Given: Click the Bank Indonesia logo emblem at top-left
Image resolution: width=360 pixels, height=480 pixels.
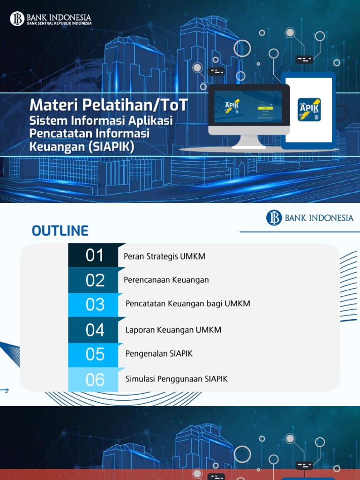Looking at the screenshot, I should click(x=17, y=19).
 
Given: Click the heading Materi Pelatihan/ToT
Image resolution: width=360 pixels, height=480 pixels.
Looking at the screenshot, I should click(x=108, y=105).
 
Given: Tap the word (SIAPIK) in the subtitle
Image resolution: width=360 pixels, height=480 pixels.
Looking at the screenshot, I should click(x=112, y=147).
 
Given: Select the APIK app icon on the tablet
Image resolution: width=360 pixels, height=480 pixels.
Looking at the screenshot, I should click(x=309, y=109).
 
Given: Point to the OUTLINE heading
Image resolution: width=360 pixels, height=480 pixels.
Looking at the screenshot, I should click(x=60, y=231).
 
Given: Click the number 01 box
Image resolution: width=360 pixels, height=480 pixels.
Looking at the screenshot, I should click(x=94, y=255).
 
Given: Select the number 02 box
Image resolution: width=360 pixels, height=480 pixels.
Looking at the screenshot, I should click(x=94, y=280).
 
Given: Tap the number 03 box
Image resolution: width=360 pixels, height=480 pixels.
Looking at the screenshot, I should click(x=94, y=305).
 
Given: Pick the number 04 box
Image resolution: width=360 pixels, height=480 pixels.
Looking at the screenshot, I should click(x=94, y=330).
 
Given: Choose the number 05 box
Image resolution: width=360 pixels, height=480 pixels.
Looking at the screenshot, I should click(x=94, y=354).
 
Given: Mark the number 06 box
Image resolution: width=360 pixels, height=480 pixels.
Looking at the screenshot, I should click(x=94, y=379).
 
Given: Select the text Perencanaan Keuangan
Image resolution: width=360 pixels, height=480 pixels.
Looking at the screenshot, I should click(x=166, y=280).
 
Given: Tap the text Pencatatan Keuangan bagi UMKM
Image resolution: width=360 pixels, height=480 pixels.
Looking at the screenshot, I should click(x=188, y=303).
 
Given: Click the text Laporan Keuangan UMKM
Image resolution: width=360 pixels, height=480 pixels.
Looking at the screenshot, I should click(x=173, y=330).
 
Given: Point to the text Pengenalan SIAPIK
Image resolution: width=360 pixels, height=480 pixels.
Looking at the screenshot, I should click(x=159, y=353).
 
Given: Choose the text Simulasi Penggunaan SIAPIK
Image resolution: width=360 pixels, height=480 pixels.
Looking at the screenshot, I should click(x=177, y=379).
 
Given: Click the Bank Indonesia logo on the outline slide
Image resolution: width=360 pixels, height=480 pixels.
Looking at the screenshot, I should click(x=310, y=217).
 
